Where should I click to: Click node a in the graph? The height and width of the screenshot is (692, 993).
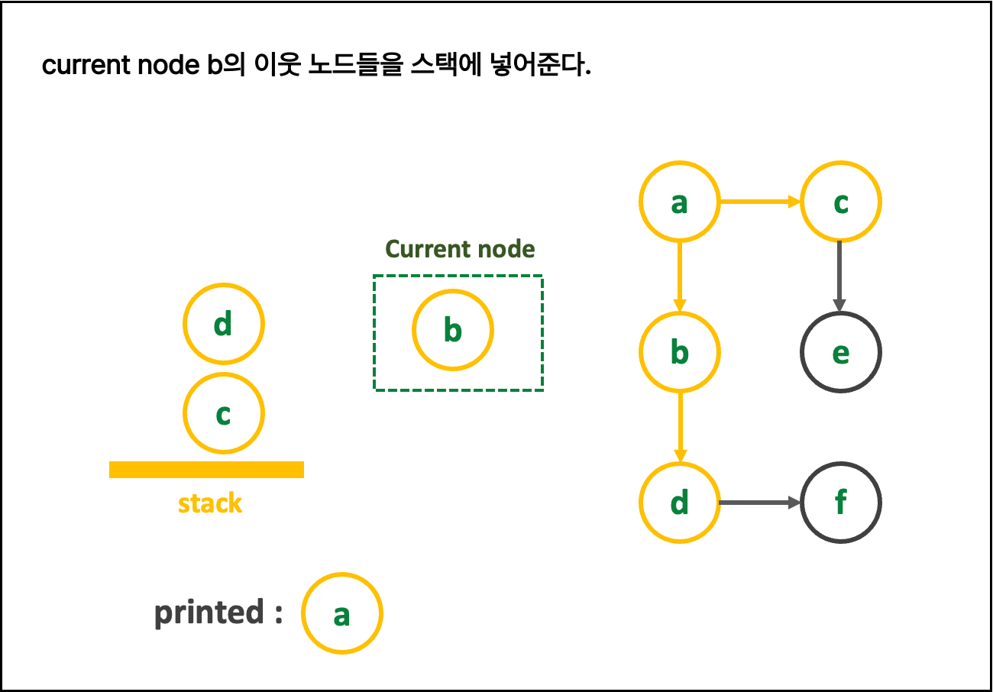679,202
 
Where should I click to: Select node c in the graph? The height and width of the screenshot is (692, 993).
840,202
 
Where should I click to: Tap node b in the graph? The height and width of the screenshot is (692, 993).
679,352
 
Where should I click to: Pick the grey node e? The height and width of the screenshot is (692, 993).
840,352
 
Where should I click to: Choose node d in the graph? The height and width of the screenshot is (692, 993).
679,503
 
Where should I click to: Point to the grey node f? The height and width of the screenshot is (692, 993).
840,503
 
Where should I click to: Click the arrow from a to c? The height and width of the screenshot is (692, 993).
759,202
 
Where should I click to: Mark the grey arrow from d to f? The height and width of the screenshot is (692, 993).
759,503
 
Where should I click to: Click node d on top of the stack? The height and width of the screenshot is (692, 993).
223,324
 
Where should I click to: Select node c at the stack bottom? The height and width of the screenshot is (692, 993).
223,413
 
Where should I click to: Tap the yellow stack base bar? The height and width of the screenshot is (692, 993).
206,470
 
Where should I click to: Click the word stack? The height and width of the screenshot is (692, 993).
210,503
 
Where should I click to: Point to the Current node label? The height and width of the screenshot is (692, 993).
460,249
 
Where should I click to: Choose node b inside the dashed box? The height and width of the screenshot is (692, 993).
452,330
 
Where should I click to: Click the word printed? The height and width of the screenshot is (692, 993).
209,613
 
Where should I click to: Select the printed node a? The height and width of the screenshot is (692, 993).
341,613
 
